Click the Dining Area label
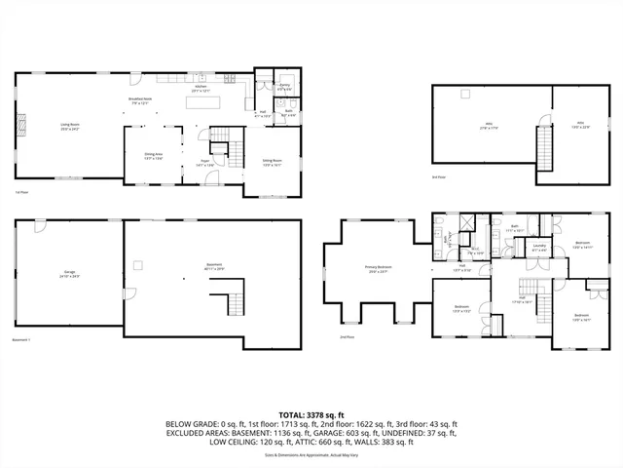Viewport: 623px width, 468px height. tap(154, 156)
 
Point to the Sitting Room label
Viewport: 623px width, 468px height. tap(272, 162)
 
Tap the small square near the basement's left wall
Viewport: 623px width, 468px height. tap(138, 264)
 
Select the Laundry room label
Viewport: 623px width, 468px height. tap(539, 249)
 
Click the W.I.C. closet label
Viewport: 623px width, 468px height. tap(476, 251)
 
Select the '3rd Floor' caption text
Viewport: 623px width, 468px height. tap(439, 177)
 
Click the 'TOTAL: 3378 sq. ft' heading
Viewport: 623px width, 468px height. tap(311, 415)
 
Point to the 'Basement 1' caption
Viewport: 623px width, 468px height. tap(21, 339)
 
